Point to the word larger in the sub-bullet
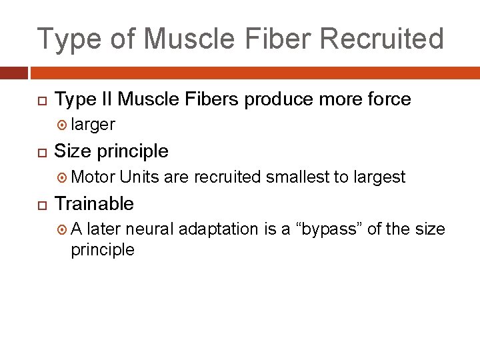click(x=93, y=125)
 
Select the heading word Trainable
click(x=94, y=203)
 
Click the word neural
click(x=148, y=229)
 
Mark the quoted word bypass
click(x=331, y=229)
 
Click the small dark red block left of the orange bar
click(x=13, y=73)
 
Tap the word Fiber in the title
click(x=273, y=39)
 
